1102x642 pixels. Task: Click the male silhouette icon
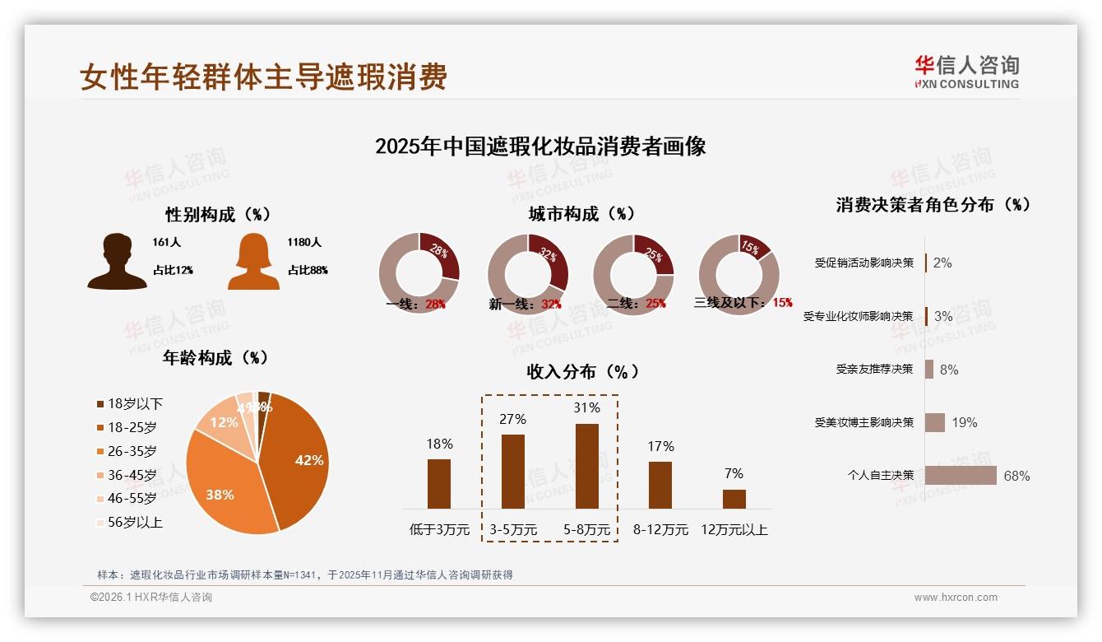pos(117,262)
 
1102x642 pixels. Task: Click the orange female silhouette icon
pos(253,262)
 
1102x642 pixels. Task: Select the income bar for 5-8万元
pos(586,466)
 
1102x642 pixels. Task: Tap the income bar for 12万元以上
pos(734,499)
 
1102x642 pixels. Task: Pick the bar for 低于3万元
pos(439,483)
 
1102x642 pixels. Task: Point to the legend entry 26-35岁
pos(132,451)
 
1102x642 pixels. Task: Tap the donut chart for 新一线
pos(527,274)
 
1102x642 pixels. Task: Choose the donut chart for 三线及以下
pos(739,274)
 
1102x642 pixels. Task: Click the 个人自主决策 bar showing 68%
pos(961,476)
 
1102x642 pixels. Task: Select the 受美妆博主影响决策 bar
pos(935,422)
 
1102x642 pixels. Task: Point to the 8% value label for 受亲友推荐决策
pos(949,370)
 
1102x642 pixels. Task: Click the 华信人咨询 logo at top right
pos(967,72)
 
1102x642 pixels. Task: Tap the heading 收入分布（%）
pos(582,371)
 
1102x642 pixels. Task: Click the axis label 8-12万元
pos(660,529)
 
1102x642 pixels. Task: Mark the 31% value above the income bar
pos(587,407)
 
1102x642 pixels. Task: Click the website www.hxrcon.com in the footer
pos(956,598)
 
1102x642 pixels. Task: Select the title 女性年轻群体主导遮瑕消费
pos(263,77)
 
